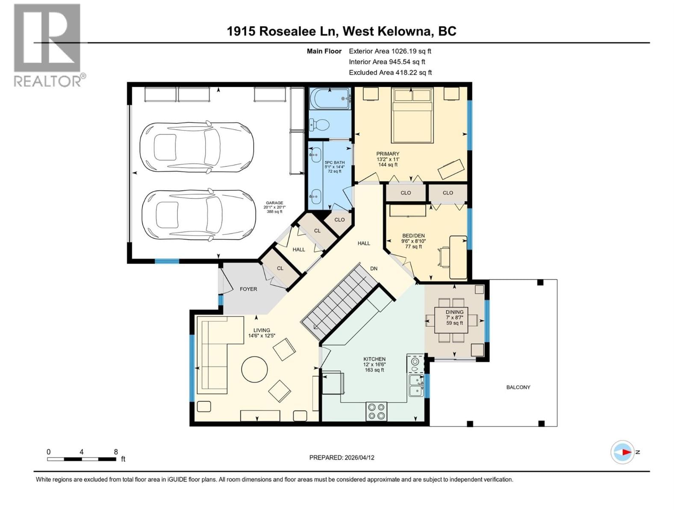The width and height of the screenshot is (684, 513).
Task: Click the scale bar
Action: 81,459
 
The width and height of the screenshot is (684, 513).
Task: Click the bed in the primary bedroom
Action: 412,115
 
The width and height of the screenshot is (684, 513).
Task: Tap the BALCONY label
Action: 518,387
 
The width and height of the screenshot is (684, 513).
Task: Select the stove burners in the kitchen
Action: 376,411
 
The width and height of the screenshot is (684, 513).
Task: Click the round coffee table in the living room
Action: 255,369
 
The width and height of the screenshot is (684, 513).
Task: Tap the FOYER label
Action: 248,289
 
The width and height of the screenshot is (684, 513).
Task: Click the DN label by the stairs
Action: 374,268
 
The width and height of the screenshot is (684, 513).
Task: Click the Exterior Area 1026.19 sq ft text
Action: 390,51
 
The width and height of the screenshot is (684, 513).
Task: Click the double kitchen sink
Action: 415,385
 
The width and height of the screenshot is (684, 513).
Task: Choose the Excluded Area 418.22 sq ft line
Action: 390,72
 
